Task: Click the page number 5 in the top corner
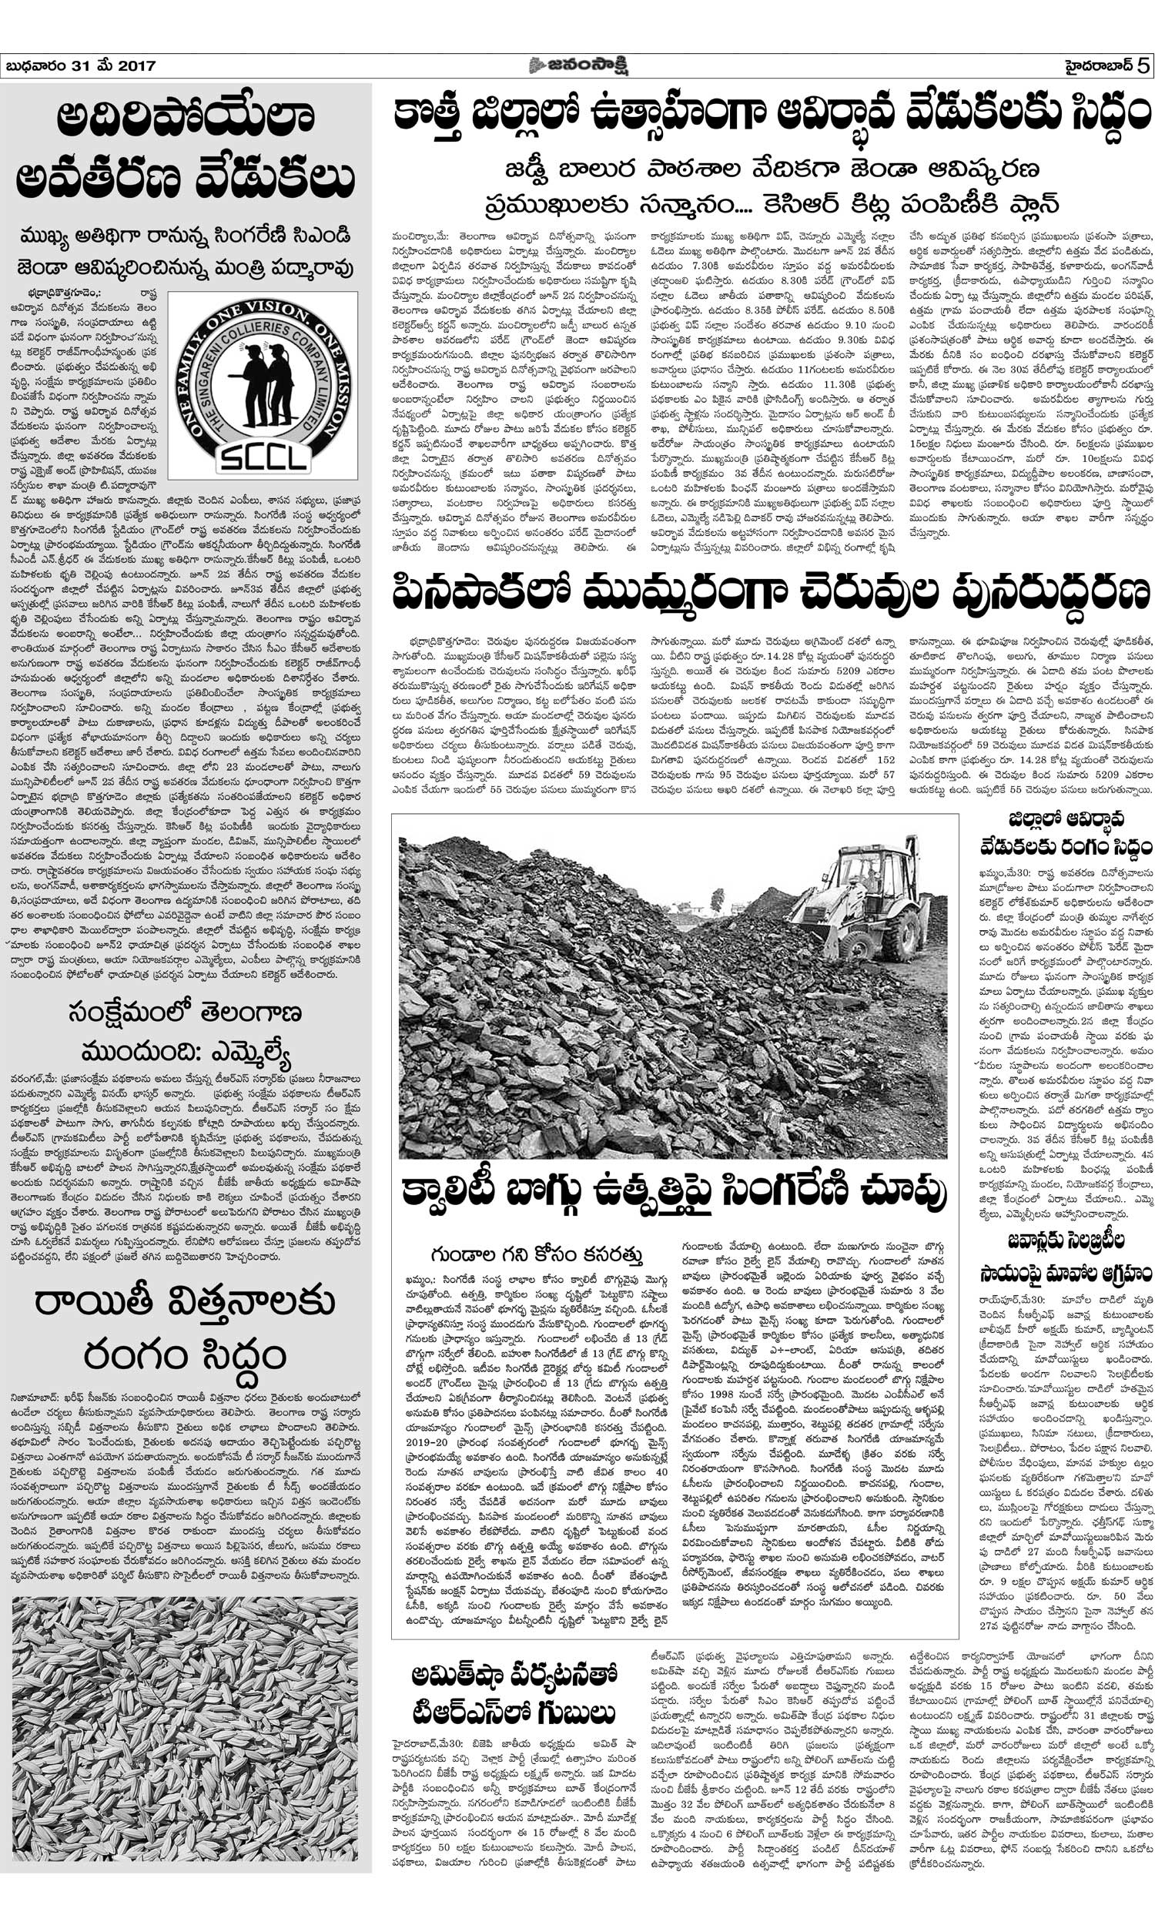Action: [1143, 65]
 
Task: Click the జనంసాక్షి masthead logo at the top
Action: [577, 65]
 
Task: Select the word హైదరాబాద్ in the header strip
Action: [1098, 65]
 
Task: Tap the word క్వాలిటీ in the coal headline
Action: [467, 1190]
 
